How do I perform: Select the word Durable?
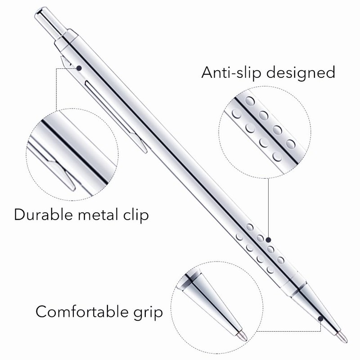[x=43, y=215]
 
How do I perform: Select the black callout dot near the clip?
[x=79, y=68]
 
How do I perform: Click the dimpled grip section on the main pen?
[x=261, y=250]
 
